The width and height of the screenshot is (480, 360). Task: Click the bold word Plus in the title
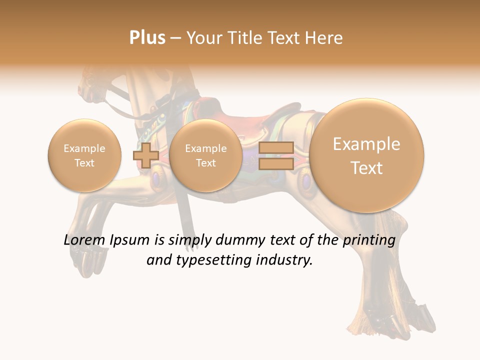(147, 38)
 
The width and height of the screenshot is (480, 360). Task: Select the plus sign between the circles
(145, 155)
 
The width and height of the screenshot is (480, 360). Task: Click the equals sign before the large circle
(276, 155)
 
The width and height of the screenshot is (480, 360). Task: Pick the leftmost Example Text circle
(84, 155)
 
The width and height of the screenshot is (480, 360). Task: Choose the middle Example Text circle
(206, 155)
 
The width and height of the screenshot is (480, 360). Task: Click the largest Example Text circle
(366, 155)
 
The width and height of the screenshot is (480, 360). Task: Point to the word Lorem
(83, 240)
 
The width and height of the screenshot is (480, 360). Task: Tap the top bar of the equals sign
(276, 148)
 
